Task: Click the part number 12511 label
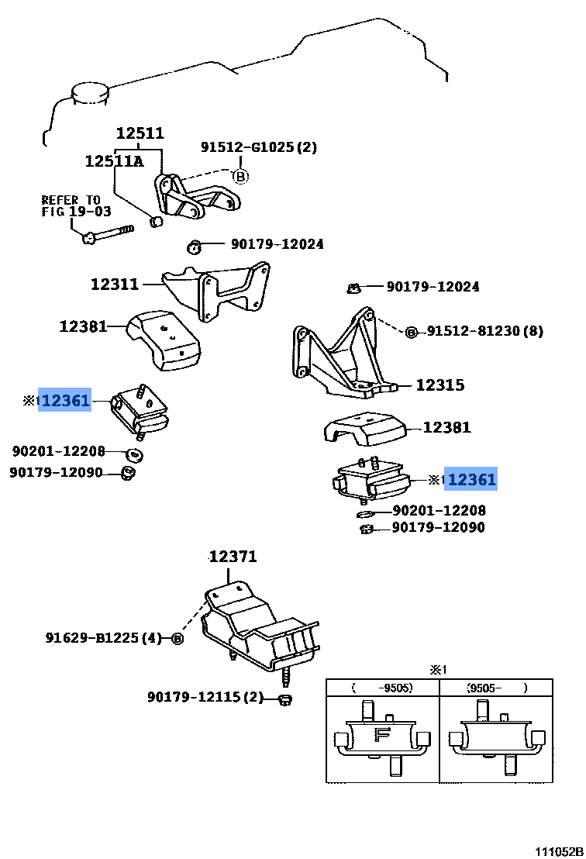[x=140, y=133]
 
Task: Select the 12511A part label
[x=114, y=161]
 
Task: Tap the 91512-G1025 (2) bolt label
[x=259, y=147]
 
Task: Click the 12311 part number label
[x=114, y=285]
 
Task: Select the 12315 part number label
[x=439, y=385]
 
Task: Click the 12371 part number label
[x=233, y=557]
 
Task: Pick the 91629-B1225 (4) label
[x=103, y=639]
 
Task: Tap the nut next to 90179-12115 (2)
[x=284, y=700]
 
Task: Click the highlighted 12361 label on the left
[x=66, y=400]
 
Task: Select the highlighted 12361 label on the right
[x=471, y=480]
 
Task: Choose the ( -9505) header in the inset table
[x=382, y=688]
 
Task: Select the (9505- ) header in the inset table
[x=496, y=688]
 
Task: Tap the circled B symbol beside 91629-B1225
[x=177, y=639]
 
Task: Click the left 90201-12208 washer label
[x=58, y=450]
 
